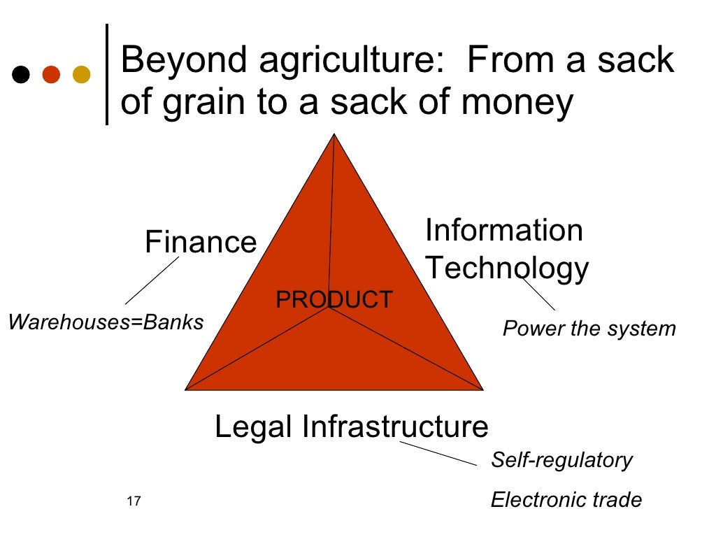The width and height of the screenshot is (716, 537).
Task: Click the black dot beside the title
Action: (22, 74)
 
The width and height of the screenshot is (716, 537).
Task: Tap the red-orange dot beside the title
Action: (52, 74)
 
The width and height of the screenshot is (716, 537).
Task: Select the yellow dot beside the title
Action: (82, 74)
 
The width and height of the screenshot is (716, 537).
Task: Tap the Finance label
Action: (201, 242)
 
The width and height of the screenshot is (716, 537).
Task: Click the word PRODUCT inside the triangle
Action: (334, 299)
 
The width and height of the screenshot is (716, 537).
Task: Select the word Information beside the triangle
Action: (503, 230)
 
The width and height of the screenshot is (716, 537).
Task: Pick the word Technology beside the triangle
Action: (507, 268)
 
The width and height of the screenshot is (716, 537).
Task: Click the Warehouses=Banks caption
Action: (106, 322)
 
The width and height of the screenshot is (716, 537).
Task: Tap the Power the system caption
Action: (589, 328)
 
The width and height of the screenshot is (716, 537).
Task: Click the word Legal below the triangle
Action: (254, 427)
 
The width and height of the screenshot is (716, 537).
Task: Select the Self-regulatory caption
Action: (561, 459)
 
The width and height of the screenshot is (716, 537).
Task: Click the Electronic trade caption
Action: (566, 500)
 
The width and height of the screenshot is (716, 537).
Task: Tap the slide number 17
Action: (134, 501)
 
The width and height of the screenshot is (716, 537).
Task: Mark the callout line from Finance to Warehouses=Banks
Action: (152, 280)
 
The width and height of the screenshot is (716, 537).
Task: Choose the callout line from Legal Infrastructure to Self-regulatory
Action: (438, 452)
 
